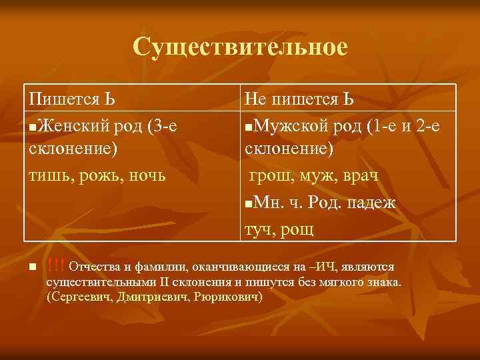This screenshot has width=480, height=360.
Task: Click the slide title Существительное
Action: click(x=240, y=47)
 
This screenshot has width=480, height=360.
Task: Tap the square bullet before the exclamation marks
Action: click(x=31, y=268)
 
